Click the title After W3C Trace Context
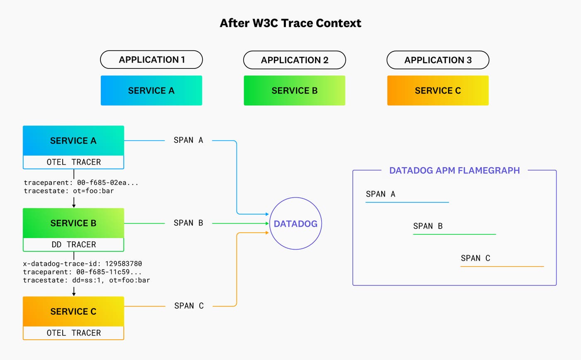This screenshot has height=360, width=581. pos(290,23)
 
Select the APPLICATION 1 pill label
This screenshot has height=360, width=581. pos(151,60)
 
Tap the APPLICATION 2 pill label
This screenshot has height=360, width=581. pos(294,60)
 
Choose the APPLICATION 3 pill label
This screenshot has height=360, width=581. pos(438,60)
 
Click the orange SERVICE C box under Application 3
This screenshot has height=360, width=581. pos(438,90)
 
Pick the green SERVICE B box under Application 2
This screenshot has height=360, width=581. pos(294,90)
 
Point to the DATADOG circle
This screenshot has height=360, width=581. pos(295,224)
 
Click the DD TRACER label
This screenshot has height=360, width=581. pos(73,245)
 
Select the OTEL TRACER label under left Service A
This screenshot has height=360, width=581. pos(73,162)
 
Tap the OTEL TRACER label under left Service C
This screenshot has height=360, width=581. pos(73,333)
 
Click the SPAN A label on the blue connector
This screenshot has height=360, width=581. pos(188,140)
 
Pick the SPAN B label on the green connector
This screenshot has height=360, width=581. pos(188,223)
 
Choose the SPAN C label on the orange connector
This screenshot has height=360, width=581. pos(189,306)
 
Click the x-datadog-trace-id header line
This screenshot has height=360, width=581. pos(83,264)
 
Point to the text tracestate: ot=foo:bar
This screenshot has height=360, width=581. pos(69,191)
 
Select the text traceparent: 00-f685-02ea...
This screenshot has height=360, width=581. pos(83,182)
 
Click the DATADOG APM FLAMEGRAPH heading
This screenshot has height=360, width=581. pos(454,170)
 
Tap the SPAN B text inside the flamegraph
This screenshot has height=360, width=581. pos(428,226)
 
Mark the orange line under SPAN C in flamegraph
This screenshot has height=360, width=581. pos(502,266)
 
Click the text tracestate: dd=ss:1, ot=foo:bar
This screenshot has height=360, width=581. pos(86,280)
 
